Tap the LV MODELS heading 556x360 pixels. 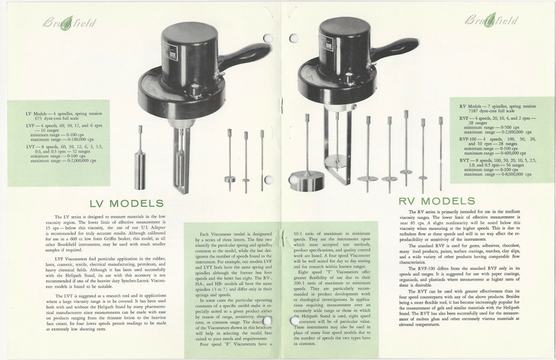point(128,203)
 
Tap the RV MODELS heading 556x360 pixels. point(436,201)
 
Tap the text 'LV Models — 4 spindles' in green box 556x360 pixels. point(52,113)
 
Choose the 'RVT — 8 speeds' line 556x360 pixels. point(487,159)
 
